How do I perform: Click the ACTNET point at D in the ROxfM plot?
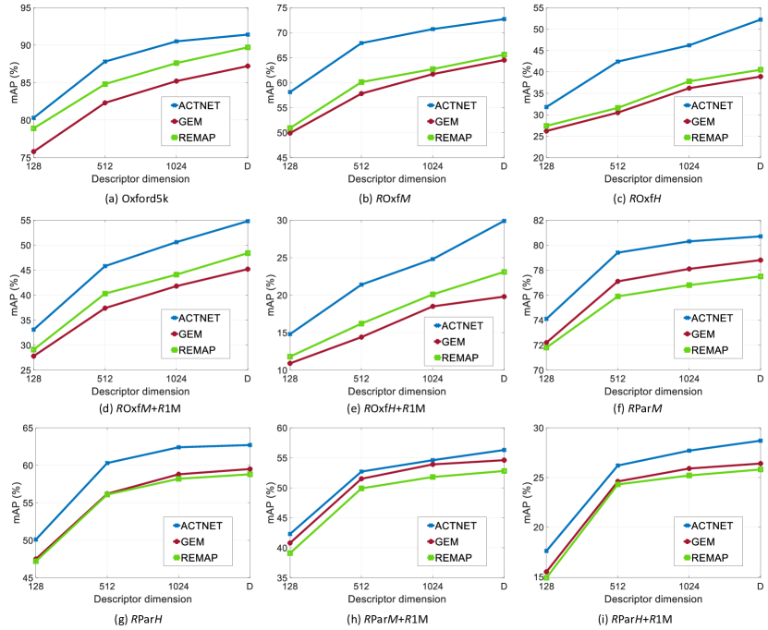click(504, 18)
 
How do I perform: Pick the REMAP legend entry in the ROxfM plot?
click(457, 138)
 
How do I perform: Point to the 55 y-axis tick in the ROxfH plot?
click(536, 7)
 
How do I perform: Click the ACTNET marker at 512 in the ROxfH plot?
click(617, 62)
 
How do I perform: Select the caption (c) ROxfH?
click(652, 197)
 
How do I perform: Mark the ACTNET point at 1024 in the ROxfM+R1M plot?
click(176, 242)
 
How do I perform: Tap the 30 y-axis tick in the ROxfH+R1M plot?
click(280, 221)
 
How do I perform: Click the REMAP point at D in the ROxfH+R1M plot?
click(504, 272)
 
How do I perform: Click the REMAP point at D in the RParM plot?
click(760, 276)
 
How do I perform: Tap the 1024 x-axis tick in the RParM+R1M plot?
click(433, 587)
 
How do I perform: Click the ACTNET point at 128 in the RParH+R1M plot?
click(546, 551)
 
